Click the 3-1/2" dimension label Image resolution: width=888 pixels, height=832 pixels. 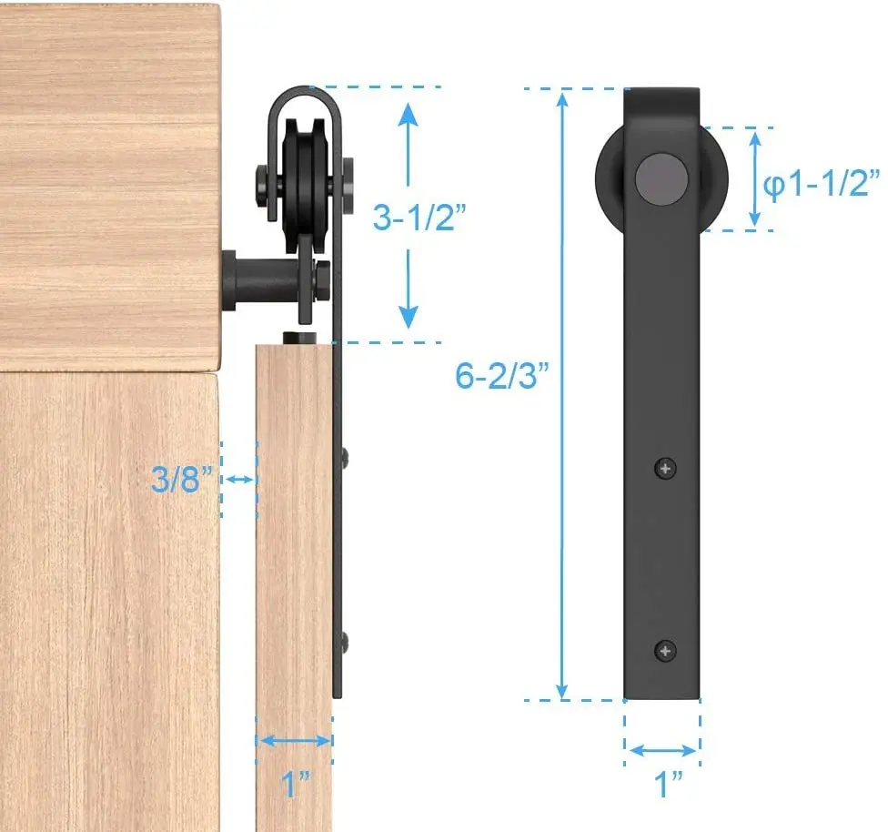(x=419, y=217)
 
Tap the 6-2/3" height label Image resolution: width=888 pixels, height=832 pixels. (x=501, y=375)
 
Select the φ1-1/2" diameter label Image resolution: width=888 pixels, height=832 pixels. (x=822, y=184)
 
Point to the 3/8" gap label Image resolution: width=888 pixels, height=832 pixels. (x=182, y=479)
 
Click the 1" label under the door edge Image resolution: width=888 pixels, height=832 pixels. (x=296, y=784)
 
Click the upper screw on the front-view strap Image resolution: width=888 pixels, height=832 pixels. (x=665, y=468)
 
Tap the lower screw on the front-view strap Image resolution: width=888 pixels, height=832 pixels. (x=665, y=651)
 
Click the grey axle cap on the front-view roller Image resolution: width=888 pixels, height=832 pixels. (x=661, y=179)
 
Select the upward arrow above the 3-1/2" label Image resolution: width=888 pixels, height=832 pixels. (x=408, y=144)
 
